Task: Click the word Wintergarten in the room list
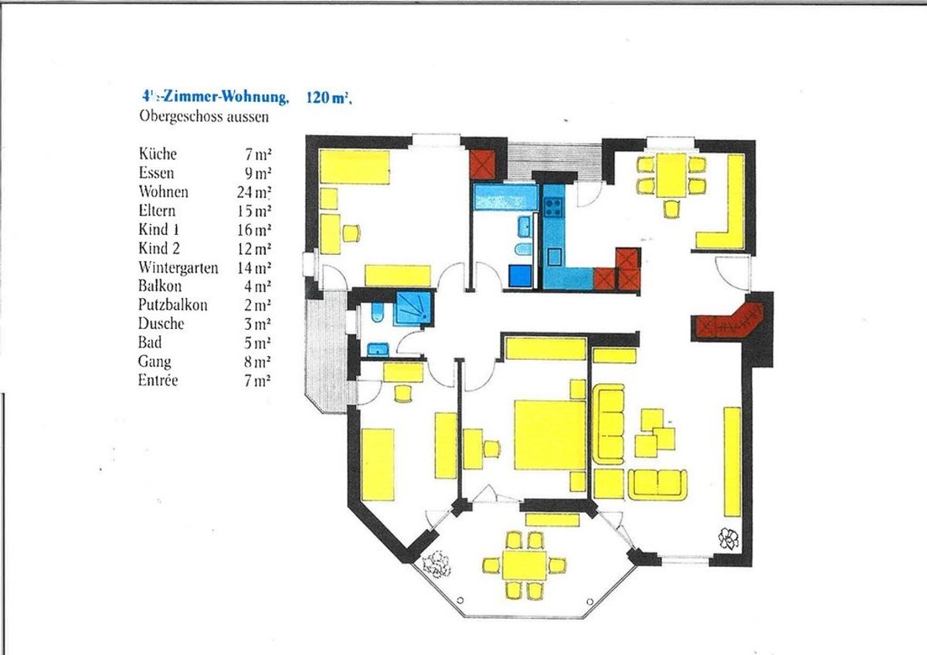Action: pyautogui.click(x=178, y=268)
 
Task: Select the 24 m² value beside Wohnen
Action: pyautogui.click(x=254, y=192)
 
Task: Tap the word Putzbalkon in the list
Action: pyautogui.click(x=172, y=305)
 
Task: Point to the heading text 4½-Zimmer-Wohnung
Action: pyautogui.click(x=215, y=97)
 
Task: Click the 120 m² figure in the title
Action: pyautogui.click(x=329, y=97)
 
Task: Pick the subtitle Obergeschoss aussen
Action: pyautogui.click(x=204, y=117)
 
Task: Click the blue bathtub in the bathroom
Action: pyautogui.click(x=506, y=198)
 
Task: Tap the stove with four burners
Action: pyautogui.click(x=553, y=207)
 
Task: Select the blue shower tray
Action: pyautogui.click(x=414, y=310)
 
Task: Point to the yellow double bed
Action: pyautogui.click(x=550, y=435)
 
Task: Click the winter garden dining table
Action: pyautogui.click(x=525, y=565)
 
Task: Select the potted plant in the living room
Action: pyautogui.click(x=728, y=538)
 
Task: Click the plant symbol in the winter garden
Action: pyautogui.click(x=436, y=565)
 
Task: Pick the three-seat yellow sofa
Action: pyautogui.click(x=609, y=425)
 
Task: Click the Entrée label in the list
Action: pyautogui.click(x=158, y=380)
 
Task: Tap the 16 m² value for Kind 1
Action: pyautogui.click(x=254, y=229)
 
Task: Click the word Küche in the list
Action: pyautogui.click(x=158, y=154)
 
